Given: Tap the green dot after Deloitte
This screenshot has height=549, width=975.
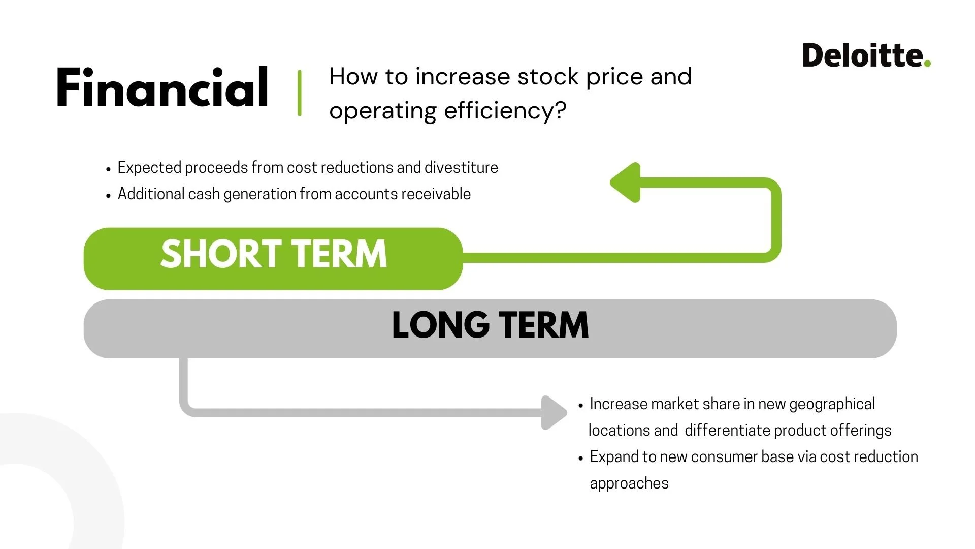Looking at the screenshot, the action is pyautogui.click(x=927, y=63).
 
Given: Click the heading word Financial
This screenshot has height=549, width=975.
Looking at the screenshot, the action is pyautogui.click(x=162, y=87).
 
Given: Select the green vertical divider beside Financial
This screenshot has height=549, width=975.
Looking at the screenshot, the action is pyautogui.click(x=300, y=93).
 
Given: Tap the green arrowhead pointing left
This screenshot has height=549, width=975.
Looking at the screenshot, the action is pyautogui.click(x=626, y=182).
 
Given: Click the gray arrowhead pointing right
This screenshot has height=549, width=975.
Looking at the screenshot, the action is pyautogui.click(x=554, y=413).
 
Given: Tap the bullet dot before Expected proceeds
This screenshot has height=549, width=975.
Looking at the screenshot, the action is pyautogui.click(x=108, y=169).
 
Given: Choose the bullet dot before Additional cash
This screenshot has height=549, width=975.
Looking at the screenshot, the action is pyautogui.click(x=108, y=196).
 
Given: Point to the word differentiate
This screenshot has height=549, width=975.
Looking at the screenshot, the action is pyautogui.click(x=728, y=430).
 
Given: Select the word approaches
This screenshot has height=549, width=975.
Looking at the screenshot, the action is pyautogui.click(x=629, y=483).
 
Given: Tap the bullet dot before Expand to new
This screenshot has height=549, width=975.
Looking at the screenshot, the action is pyautogui.click(x=581, y=459).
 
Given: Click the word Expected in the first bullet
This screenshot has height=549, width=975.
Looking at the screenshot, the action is pyautogui.click(x=149, y=167).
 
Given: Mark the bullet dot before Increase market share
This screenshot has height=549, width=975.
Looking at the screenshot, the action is pyautogui.click(x=581, y=406).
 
